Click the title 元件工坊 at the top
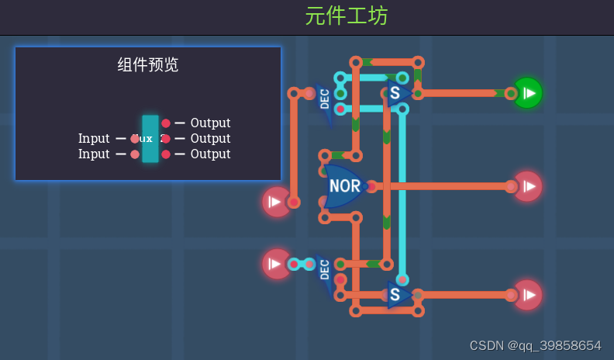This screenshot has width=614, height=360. (x=346, y=16)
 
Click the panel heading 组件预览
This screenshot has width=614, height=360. (x=148, y=65)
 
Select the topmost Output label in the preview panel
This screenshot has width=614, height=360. (x=210, y=123)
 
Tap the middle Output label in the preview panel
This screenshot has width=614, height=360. (x=210, y=138)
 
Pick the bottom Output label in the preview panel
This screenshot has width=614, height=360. (x=210, y=154)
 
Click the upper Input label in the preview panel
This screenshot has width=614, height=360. (x=94, y=138)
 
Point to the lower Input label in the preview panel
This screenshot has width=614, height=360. (x=94, y=154)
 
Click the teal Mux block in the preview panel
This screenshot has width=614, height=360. (x=150, y=139)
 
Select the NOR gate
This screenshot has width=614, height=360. (x=344, y=186)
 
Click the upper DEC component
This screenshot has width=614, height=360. (x=325, y=99)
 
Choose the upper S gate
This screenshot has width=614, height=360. (x=396, y=94)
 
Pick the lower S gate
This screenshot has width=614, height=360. (x=396, y=295)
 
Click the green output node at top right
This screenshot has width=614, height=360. (x=527, y=93)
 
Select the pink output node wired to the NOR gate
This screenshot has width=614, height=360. (x=527, y=186)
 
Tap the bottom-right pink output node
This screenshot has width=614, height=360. (x=527, y=295)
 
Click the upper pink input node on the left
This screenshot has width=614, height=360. (x=276, y=202)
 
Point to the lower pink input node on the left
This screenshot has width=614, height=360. (x=276, y=264)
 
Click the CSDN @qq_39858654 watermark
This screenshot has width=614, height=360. (x=535, y=345)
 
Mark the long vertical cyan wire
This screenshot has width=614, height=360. (x=402, y=194)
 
